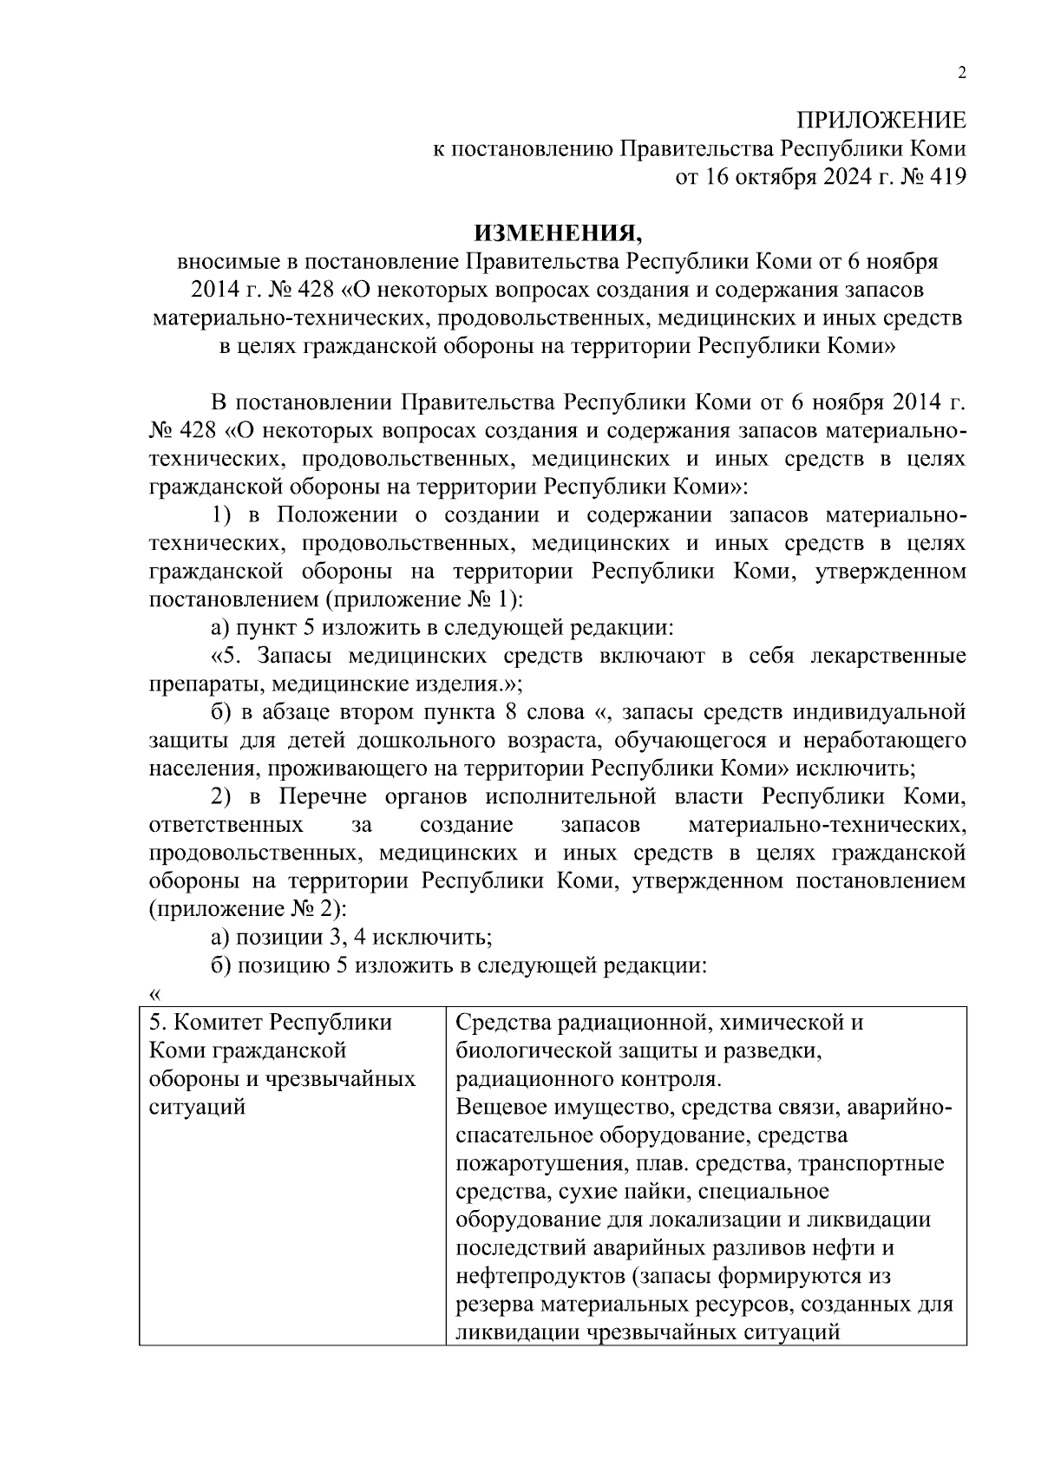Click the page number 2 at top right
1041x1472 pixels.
tap(960, 74)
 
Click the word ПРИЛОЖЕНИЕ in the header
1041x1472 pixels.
tap(881, 121)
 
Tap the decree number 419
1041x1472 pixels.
tap(946, 177)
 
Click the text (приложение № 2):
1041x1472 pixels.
tap(248, 909)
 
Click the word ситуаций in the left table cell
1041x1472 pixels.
tap(197, 1108)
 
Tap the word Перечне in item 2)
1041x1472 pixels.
tap(321, 796)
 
